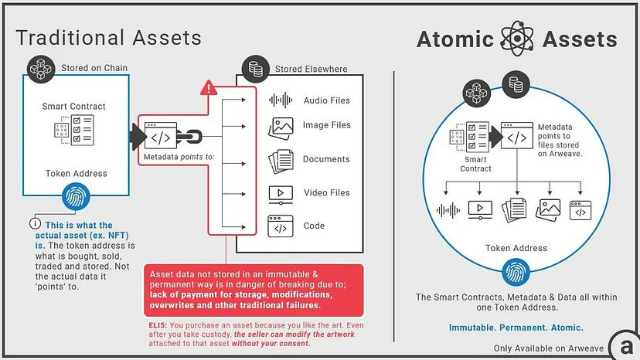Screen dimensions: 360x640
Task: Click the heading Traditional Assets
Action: [108, 37]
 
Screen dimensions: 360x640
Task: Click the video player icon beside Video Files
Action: [280, 193]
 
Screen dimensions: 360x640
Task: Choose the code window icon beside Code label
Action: [280, 226]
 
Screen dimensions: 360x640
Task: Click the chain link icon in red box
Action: [189, 138]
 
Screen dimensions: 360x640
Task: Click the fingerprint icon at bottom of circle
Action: [516, 271]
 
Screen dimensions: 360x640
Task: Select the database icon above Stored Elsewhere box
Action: [256, 68]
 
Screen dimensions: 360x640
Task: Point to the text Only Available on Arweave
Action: [550, 348]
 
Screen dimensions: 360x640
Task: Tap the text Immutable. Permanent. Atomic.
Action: [516, 328]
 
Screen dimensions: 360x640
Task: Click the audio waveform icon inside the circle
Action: [448, 209]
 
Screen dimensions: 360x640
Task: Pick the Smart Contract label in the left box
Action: [74, 106]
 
